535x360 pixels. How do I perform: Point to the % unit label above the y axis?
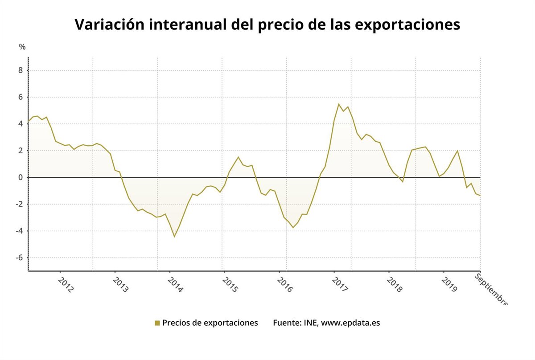click(x=22, y=47)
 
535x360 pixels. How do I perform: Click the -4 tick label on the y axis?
click(x=19, y=231)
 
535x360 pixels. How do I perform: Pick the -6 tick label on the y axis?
click(x=19, y=258)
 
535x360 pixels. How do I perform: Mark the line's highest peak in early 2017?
click(x=338, y=104)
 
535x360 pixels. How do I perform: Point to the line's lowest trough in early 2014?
click(x=174, y=237)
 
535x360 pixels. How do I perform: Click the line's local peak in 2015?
click(x=238, y=157)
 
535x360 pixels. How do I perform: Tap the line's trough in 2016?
click(x=293, y=228)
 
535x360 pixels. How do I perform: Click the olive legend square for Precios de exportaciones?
click(x=157, y=323)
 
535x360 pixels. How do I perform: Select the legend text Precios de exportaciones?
click(x=210, y=323)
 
